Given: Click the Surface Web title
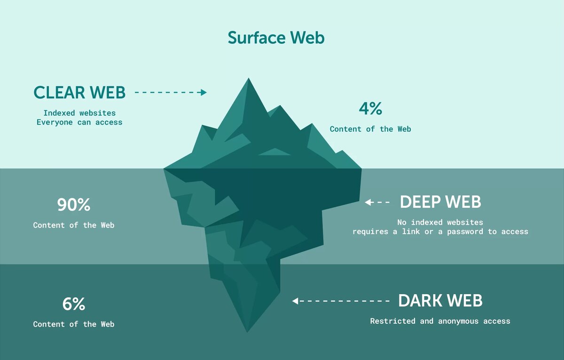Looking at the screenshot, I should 276,38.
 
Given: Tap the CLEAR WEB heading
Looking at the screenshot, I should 79,93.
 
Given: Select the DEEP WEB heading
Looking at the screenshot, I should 440,202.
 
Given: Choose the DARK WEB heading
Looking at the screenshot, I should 440,301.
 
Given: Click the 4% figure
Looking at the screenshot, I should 370,109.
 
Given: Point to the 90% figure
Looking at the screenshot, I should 74,205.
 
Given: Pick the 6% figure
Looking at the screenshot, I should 74,304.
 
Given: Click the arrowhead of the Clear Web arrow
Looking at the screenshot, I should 204,93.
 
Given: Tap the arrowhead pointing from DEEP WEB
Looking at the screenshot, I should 368,203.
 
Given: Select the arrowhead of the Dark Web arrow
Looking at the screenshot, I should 295,301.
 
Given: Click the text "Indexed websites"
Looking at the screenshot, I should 79,113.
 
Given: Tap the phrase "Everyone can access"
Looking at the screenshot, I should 79,123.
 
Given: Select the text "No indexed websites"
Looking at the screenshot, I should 440,222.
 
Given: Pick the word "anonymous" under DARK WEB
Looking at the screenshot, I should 458,321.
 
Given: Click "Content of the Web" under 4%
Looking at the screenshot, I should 370,129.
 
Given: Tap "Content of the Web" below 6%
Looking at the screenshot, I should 74,324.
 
